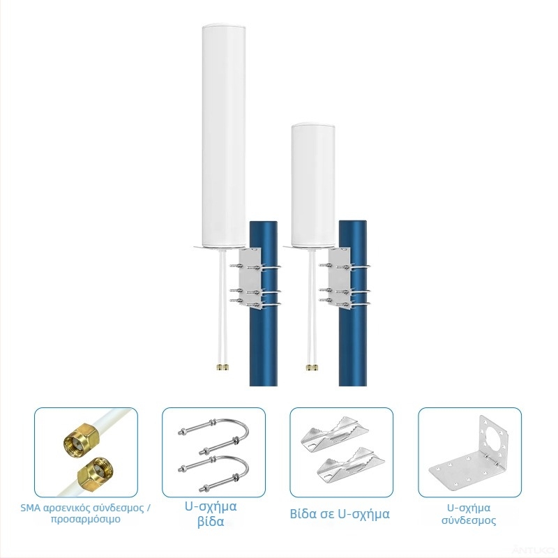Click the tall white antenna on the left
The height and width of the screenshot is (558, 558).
[x=223, y=137]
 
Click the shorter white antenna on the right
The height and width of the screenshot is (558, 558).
[x=312, y=185]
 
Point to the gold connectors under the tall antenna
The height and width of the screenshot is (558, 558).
[x=223, y=367]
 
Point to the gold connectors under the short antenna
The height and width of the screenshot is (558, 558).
[x=312, y=367]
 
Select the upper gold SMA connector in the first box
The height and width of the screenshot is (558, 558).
[x=80, y=437]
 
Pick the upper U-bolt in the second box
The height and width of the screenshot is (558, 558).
[x=213, y=435]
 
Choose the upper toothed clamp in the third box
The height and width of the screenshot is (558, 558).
[x=335, y=433]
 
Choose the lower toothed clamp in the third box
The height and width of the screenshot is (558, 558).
[x=351, y=465]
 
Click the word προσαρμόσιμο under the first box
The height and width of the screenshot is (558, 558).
[x=85, y=519]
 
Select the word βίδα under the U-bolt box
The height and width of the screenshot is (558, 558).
[x=211, y=522]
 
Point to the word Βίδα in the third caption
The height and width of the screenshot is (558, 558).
[x=303, y=514]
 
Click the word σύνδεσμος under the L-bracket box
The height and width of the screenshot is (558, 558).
[x=469, y=520]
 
